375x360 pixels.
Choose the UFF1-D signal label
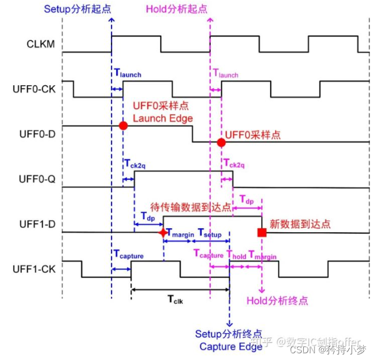35,224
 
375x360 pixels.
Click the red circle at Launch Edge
123,126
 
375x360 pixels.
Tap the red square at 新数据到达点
261,232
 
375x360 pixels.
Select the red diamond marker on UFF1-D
163,232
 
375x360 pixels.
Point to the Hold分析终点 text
277,301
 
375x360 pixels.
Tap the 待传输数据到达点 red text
191,206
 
